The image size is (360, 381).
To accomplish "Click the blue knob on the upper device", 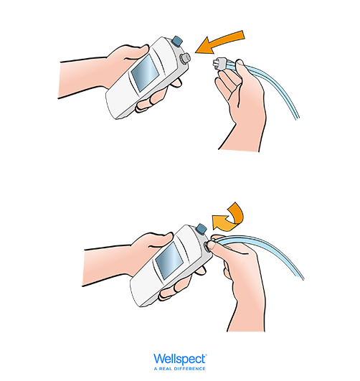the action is pyautogui.click(x=177, y=41).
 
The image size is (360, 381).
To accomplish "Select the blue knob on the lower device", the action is pyautogui.click(x=202, y=229).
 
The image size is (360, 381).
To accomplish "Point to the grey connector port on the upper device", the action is pyautogui.click(x=184, y=58).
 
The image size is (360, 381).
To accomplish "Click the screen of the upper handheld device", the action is pyautogui.click(x=145, y=72).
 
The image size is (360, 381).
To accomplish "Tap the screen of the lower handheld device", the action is pyautogui.click(x=169, y=261).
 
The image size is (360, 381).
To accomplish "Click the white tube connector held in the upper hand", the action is pyautogui.click(x=220, y=64).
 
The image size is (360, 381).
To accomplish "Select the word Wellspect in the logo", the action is pyautogui.click(x=180, y=359).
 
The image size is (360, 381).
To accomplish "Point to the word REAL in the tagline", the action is pyautogui.click(x=165, y=369).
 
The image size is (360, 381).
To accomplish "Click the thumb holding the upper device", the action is pyautogui.click(x=136, y=50).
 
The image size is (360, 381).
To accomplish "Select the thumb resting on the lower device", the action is pyautogui.click(x=161, y=240).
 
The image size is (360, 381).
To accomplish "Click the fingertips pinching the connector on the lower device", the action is pyautogui.click(x=212, y=243).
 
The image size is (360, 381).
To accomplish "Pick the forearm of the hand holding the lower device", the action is pyautogui.click(x=107, y=265).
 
